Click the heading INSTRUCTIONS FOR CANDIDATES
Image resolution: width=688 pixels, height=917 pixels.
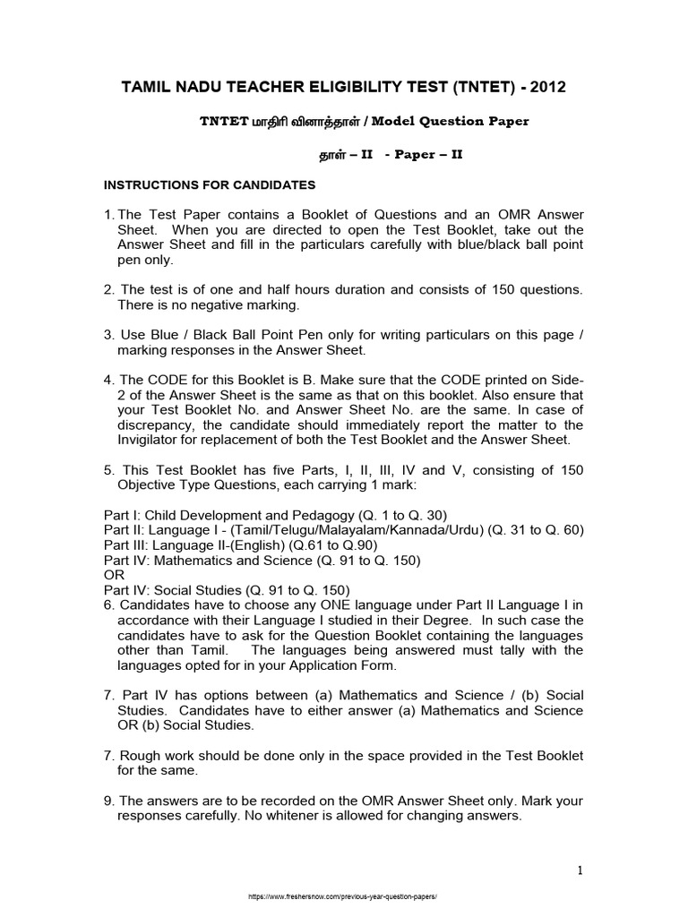210,185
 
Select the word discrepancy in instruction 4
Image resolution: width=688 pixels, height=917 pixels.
155,425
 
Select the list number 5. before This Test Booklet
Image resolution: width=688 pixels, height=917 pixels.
109,468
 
